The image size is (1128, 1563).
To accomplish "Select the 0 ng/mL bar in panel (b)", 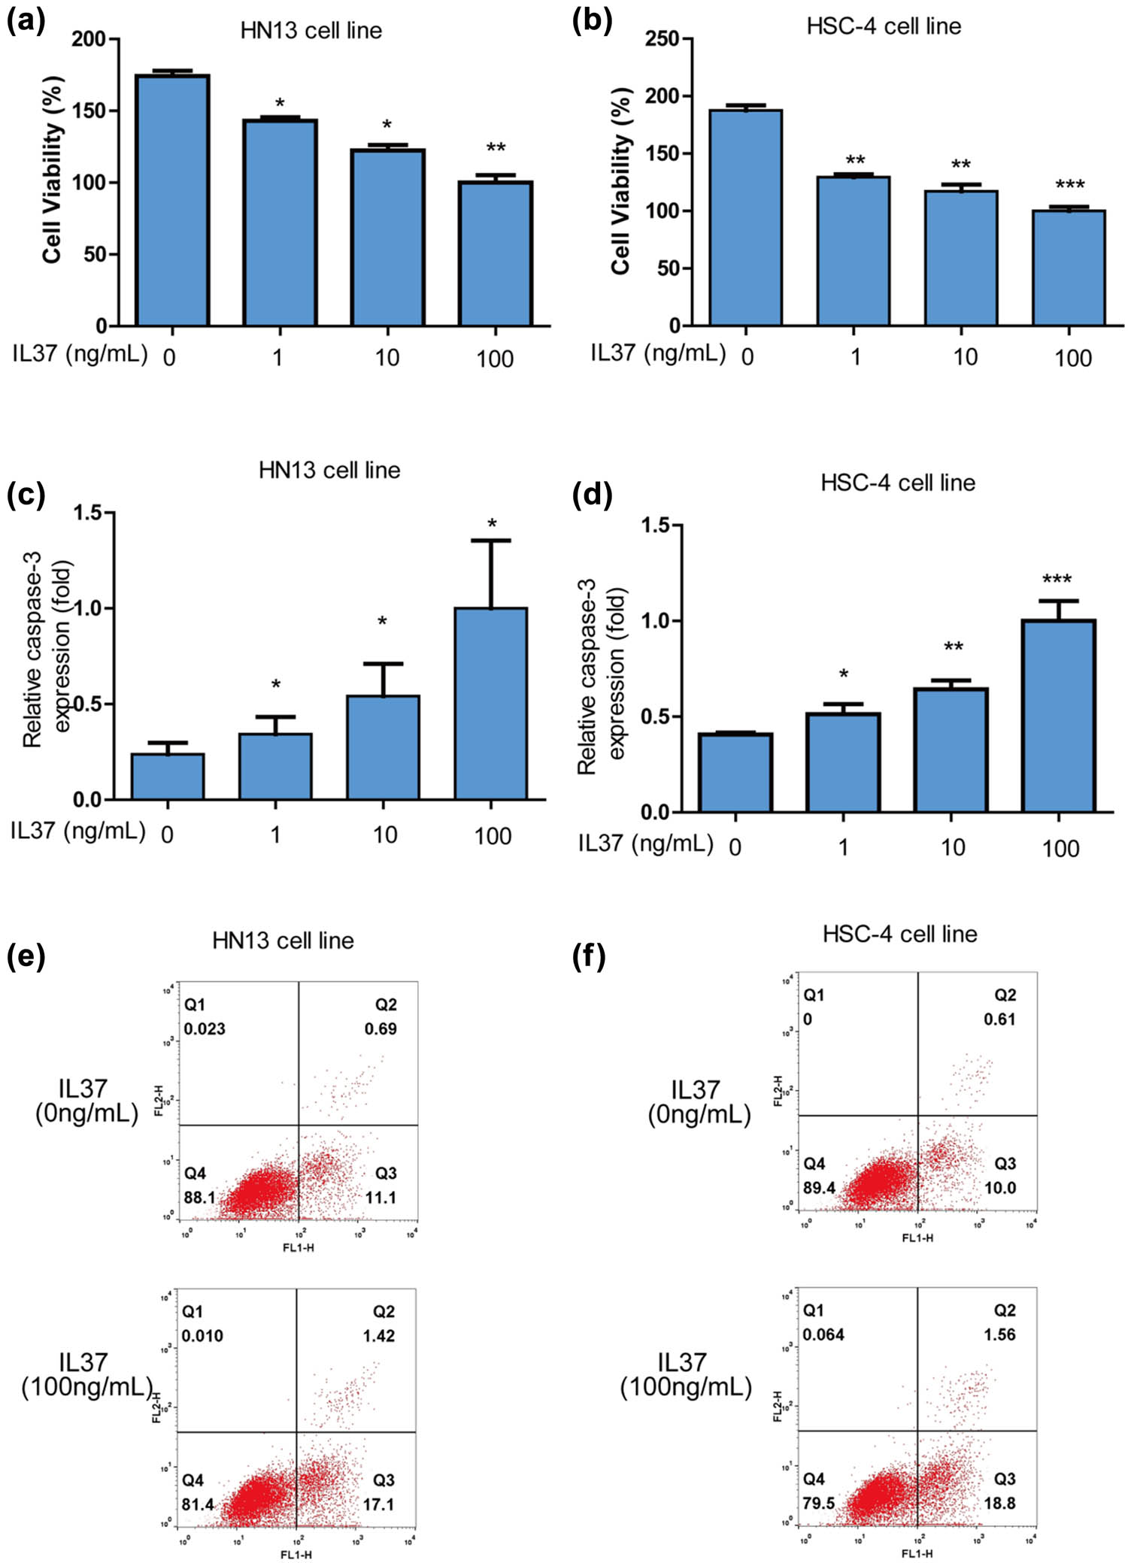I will (x=746, y=218).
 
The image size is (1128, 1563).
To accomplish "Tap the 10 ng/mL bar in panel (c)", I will (x=383, y=747).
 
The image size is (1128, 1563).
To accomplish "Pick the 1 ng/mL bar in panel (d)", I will (x=843, y=762).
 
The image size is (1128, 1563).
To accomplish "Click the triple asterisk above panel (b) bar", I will (x=1069, y=185).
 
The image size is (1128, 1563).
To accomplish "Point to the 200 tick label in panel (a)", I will (x=89, y=39).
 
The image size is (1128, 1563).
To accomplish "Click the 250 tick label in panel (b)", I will (x=662, y=39).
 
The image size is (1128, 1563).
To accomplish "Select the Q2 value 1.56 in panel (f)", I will (x=999, y=1334).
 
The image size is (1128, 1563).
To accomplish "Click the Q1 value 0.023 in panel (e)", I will (x=205, y=1028).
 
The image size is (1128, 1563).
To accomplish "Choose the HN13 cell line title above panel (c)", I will (x=329, y=471).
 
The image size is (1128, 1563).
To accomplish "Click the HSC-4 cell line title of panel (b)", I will (x=884, y=27).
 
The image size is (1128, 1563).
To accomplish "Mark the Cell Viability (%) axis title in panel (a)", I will (x=52, y=170).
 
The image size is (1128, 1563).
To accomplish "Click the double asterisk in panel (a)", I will (x=496, y=147).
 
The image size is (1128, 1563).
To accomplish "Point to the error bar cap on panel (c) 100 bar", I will (x=491, y=541).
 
